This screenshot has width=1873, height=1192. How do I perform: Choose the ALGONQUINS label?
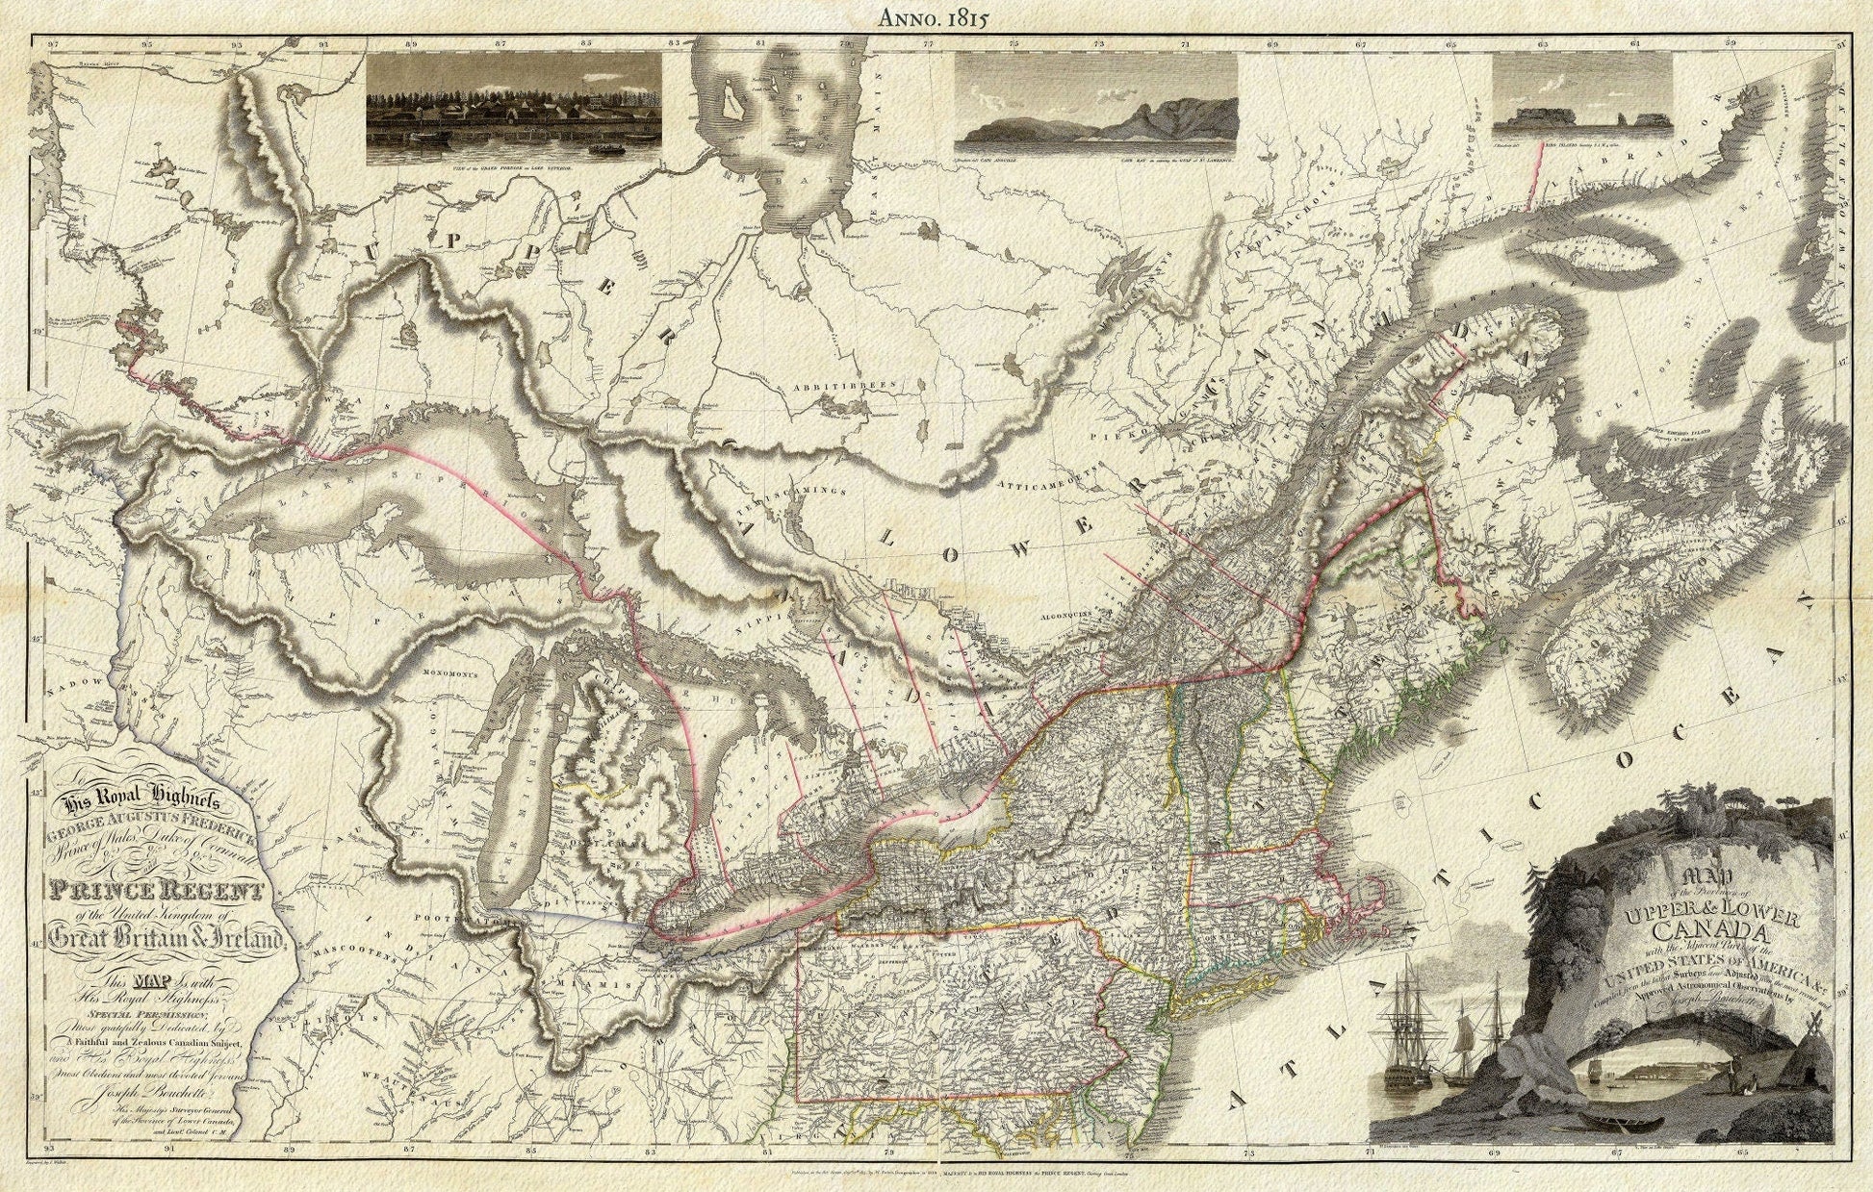click(x=1079, y=611)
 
